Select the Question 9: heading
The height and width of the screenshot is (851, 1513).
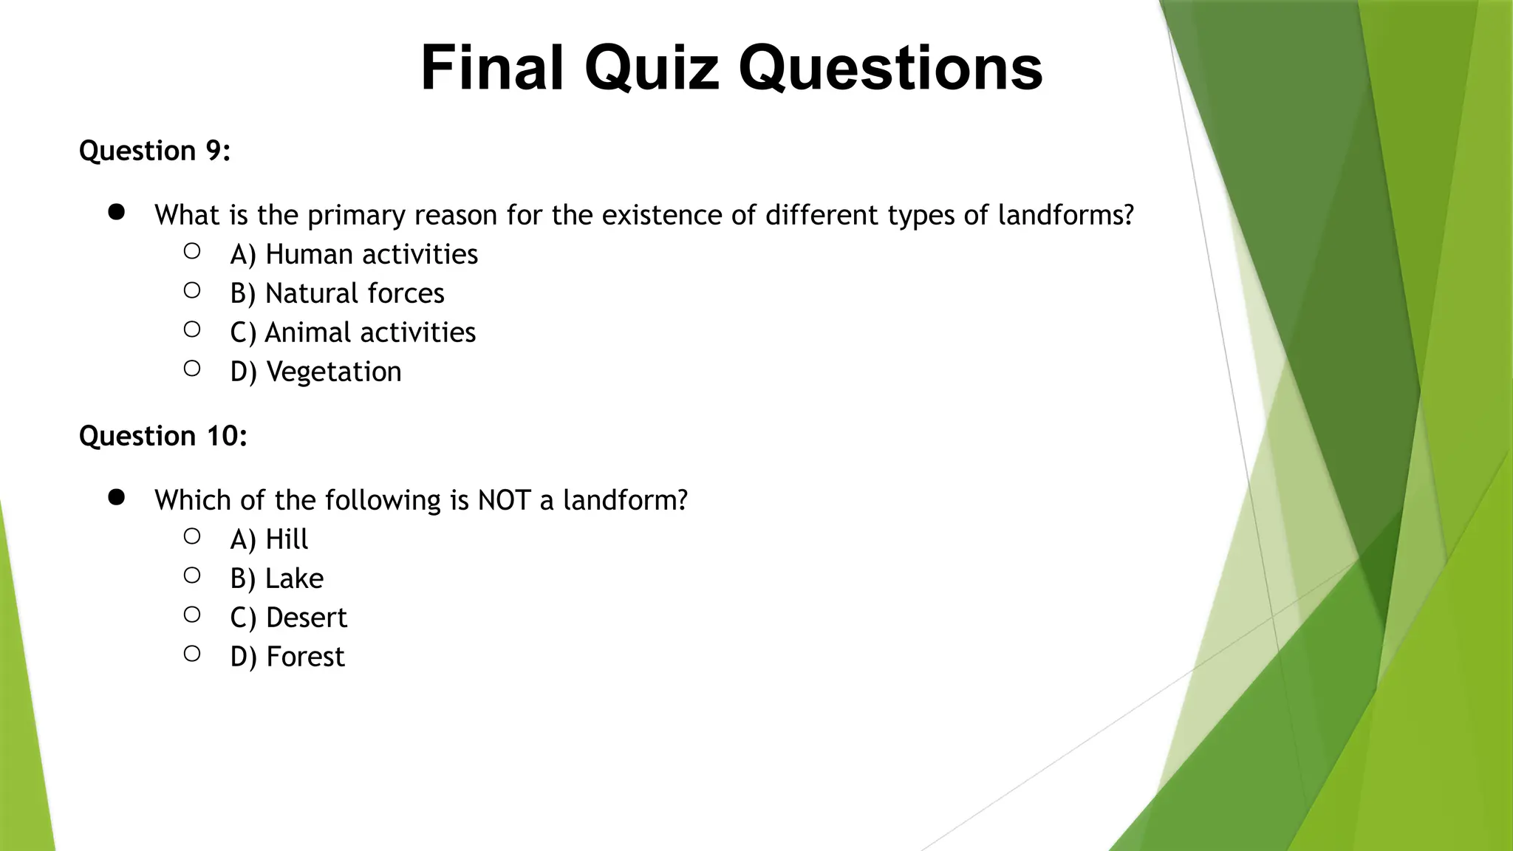click(x=154, y=151)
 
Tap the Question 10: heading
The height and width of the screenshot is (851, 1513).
click(x=163, y=436)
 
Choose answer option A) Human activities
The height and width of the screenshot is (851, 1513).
click(x=354, y=254)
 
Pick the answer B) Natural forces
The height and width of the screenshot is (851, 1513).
click(x=337, y=293)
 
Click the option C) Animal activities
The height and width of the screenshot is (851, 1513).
click(x=352, y=332)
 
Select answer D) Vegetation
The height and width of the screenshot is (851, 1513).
click(x=315, y=372)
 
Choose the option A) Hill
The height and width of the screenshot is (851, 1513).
click(x=269, y=539)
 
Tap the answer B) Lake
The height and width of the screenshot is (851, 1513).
click(x=276, y=578)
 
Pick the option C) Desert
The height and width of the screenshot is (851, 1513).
click(x=288, y=618)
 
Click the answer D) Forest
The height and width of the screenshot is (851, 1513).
click(x=287, y=657)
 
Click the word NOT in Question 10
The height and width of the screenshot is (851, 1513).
click(x=504, y=500)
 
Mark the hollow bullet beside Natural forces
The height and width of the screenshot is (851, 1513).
click(x=192, y=290)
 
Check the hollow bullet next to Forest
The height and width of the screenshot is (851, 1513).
click(x=192, y=654)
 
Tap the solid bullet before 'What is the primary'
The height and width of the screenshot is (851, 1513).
click(x=116, y=213)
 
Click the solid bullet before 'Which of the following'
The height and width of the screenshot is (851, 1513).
click(x=116, y=498)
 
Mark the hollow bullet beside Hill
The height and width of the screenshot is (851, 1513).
click(x=192, y=536)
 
